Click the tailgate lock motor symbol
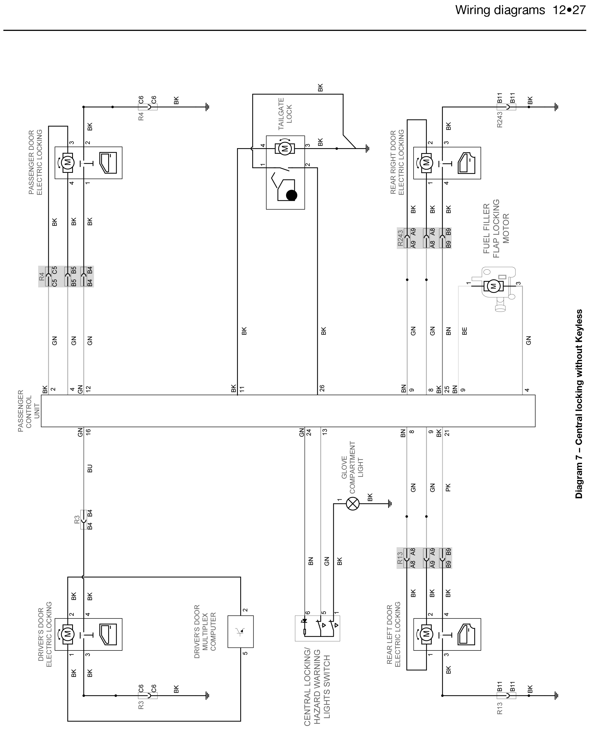tap(284, 148)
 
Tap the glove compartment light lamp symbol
tap(353, 504)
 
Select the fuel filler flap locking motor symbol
tap(494, 286)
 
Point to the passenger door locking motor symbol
tap(68, 162)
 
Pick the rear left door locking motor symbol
tap(426, 634)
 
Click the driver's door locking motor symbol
tap(68, 634)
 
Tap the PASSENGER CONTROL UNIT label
tap(29, 411)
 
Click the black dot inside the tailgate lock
tap(291, 195)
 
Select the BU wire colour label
tap(90, 468)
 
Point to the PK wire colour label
tap(448, 487)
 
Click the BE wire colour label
tap(464, 331)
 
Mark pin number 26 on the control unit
tap(322, 388)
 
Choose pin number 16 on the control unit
tap(88, 432)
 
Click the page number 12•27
tap(569, 10)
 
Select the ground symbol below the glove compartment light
tap(390, 504)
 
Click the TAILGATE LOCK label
tap(285, 114)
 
